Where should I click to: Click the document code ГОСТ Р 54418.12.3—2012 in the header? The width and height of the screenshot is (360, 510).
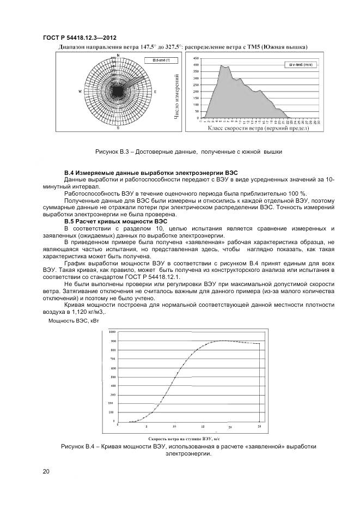[79, 38]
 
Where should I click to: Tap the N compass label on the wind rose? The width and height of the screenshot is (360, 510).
[118, 56]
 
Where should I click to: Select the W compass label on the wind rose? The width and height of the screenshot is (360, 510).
[80, 92]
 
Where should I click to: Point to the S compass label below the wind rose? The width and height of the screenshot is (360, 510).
[118, 129]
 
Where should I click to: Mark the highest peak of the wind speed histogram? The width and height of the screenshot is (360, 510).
[222, 65]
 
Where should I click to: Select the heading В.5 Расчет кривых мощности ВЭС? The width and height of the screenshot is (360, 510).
[115, 221]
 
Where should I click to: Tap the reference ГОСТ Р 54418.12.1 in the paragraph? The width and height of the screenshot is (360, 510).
[170, 277]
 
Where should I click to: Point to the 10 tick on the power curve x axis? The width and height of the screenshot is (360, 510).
[174, 427]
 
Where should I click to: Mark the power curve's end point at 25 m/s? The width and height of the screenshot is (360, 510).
[259, 344]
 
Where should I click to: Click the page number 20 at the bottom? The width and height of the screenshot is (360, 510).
[46, 470]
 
